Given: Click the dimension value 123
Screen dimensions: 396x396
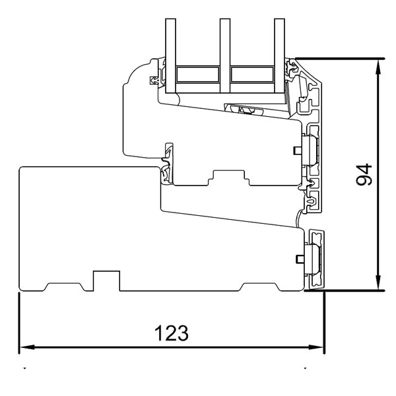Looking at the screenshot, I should click(x=171, y=332).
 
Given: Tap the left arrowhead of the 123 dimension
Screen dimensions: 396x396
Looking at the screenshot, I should click(x=25, y=348).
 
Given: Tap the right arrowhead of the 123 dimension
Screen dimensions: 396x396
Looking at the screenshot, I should click(x=319, y=348).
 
